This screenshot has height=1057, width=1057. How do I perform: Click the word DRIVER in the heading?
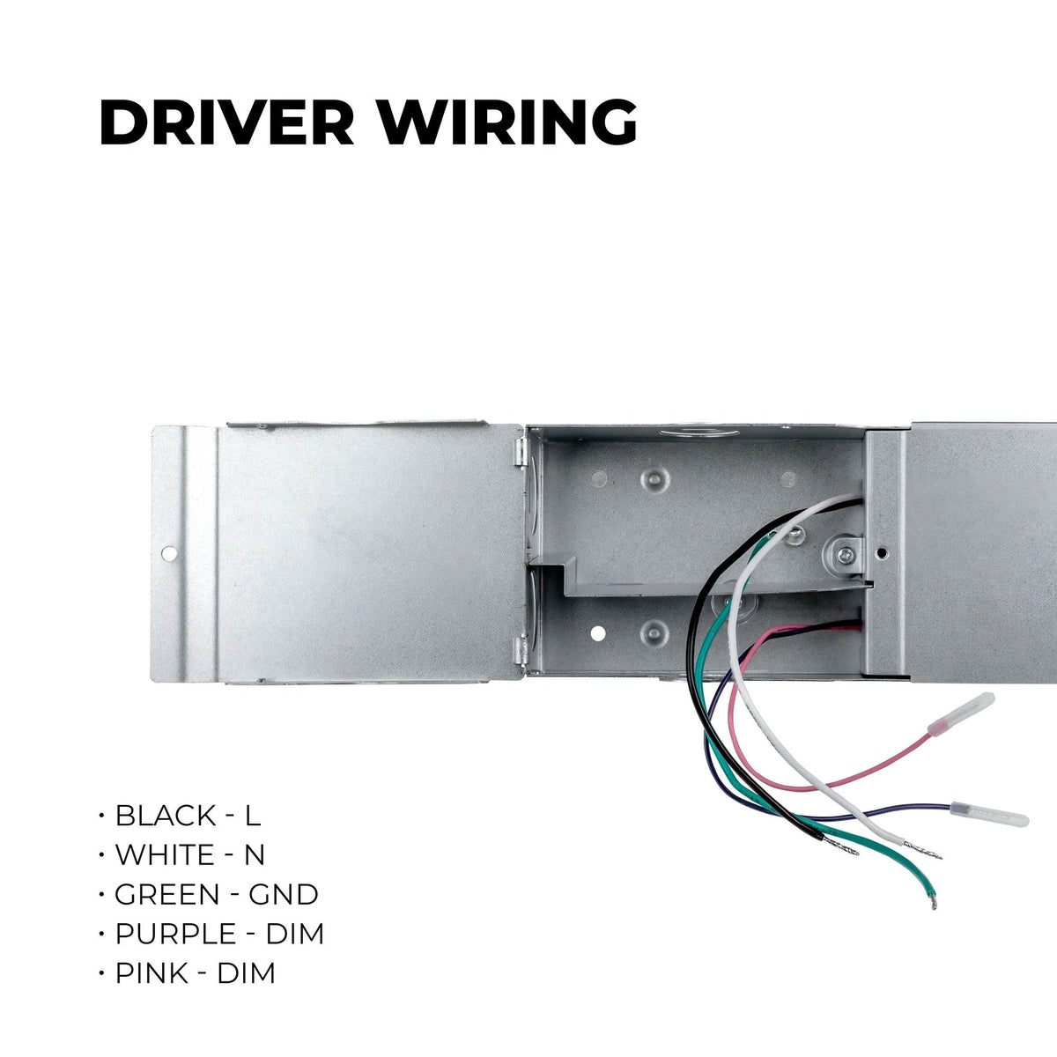click(x=226, y=122)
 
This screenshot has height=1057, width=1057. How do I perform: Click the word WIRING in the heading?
click(x=508, y=122)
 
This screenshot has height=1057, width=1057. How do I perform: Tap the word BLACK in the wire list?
click(x=166, y=815)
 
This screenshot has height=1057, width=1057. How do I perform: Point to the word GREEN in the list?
click(x=167, y=895)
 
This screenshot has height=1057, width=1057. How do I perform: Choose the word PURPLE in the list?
click(x=175, y=935)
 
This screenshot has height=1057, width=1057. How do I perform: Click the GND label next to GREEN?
click(x=284, y=895)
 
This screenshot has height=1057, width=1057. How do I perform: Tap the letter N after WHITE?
click(x=255, y=854)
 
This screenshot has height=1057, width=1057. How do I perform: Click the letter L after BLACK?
click(x=252, y=815)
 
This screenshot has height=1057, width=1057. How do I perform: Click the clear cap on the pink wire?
click(x=961, y=713)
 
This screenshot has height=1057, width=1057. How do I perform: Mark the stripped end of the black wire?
click(x=840, y=847)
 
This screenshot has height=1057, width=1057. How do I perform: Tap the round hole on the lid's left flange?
click(x=169, y=553)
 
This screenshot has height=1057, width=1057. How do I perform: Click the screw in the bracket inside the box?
click(x=844, y=556)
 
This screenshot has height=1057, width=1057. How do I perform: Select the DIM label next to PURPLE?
click(x=295, y=935)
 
